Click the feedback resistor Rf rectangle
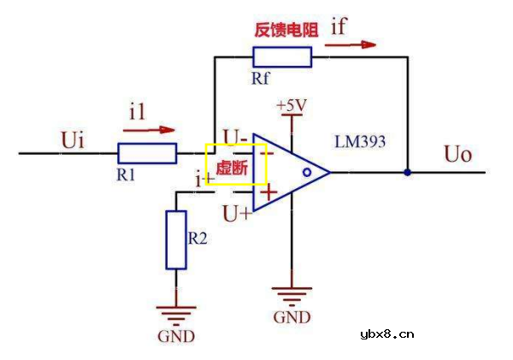tap(282, 57)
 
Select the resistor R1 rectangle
tap(147, 154)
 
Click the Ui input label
tap(74, 139)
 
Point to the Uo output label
tap(458, 155)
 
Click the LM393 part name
tap(361, 139)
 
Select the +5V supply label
tap(291, 105)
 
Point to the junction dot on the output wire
tap(407, 172)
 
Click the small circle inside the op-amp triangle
tap(305, 172)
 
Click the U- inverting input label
tap(234, 137)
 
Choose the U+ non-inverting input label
tap(237, 213)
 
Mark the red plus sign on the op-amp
tap(268, 193)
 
